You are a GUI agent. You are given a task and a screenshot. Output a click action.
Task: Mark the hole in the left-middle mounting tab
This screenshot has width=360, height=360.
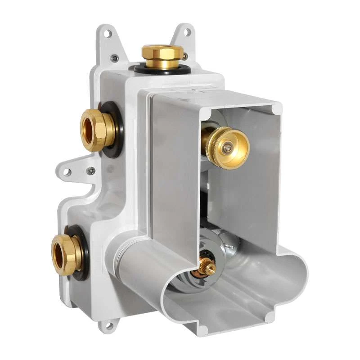point(67,172)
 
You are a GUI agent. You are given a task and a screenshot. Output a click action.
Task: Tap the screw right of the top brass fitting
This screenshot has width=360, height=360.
point(184,56)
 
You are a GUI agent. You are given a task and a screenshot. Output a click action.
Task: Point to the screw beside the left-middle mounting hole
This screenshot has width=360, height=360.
point(91,171)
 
